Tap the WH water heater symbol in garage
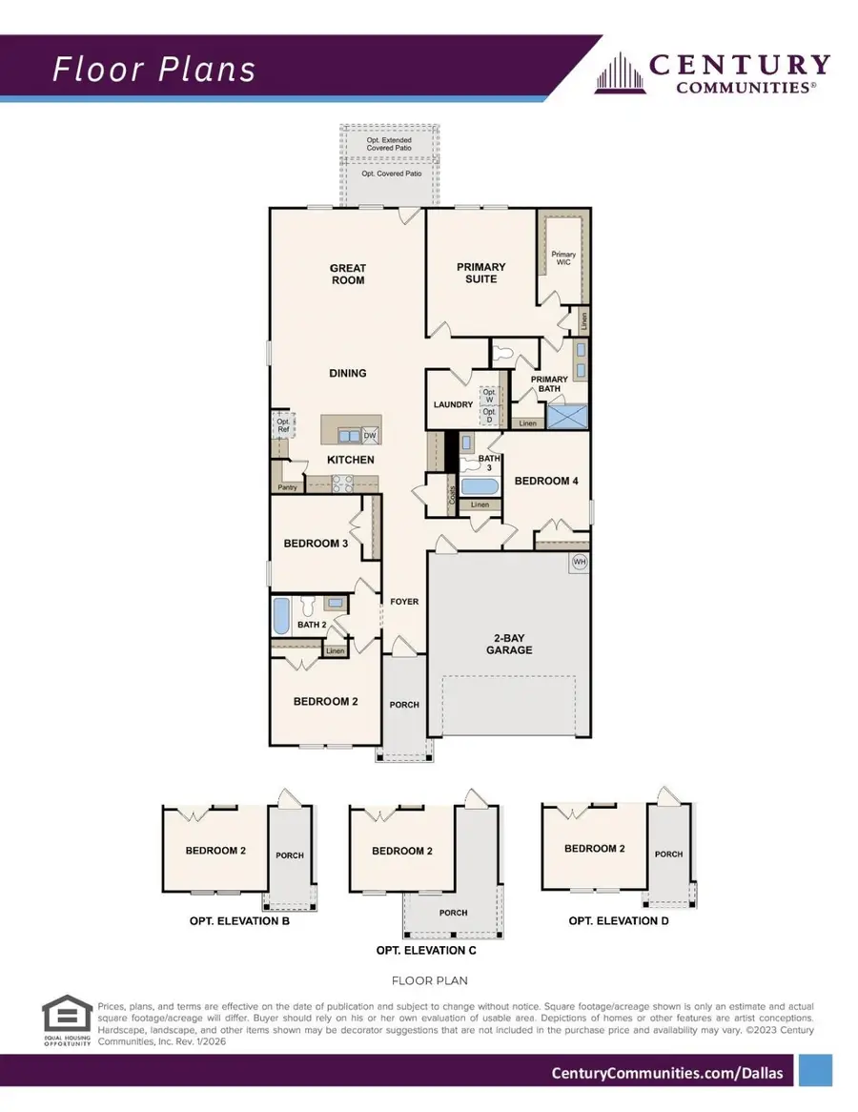[579, 563]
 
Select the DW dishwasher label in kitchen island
[369, 436]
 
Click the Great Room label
[347, 275]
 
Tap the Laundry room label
[453, 404]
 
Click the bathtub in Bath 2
[281, 615]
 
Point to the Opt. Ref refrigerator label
[283, 425]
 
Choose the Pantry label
[287, 487]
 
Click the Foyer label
[404, 602]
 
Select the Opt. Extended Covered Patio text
[389, 145]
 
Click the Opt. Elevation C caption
[426, 951]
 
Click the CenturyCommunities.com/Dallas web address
[667, 1073]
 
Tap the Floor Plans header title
[153, 69]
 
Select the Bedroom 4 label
[546, 481]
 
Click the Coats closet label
[452, 495]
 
